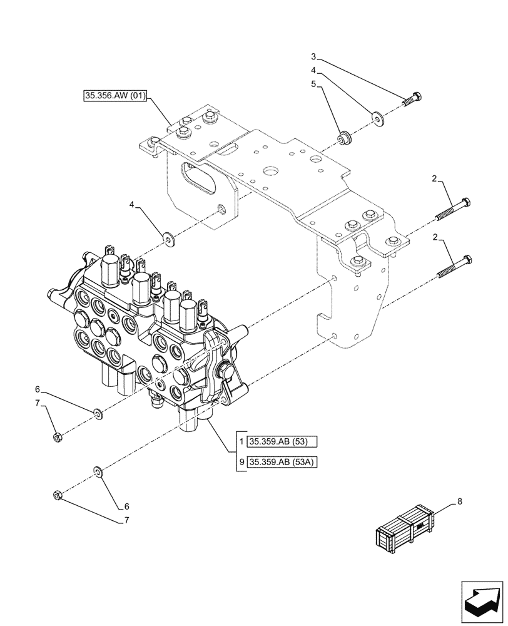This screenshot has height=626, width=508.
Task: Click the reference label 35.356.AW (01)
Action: point(115,96)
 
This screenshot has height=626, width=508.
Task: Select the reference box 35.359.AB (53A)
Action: point(283,463)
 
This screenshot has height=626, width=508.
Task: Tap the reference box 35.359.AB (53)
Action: point(283,443)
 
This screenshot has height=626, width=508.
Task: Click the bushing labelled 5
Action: point(343,138)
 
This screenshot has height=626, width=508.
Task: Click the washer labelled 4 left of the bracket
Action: point(168,238)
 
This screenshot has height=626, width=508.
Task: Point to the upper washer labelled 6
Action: point(98,413)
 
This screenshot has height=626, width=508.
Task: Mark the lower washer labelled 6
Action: point(98,471)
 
